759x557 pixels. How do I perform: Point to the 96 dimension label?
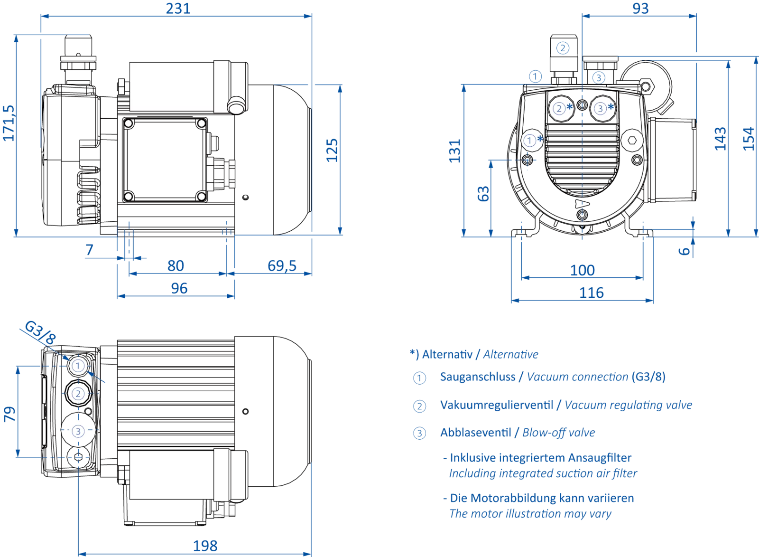pos(179,289)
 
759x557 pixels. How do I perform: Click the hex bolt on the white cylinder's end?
pos(122,86)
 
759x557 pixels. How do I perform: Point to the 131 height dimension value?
pos(455,151)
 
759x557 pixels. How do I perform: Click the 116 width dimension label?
pos(591,293)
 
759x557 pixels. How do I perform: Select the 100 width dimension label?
pos(582,271)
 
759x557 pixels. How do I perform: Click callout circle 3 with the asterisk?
pos(601,109)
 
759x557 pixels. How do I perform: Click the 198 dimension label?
pos(207,545)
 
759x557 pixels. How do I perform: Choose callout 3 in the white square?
pos(78,431)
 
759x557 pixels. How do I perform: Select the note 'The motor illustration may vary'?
pos(530,514)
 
